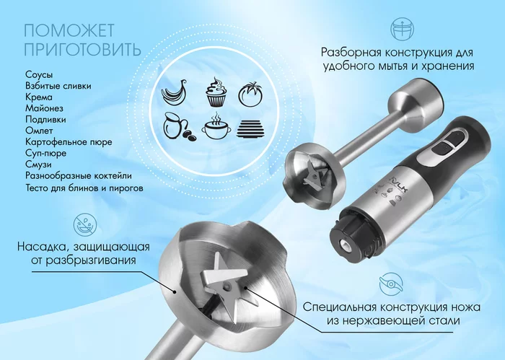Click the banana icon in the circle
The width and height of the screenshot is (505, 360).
(x=175, y=92)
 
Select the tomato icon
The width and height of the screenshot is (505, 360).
(x=250, y=94)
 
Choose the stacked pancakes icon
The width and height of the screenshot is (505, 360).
(x=250, y=129)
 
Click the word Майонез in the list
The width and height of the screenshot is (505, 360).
(x=44, y=108)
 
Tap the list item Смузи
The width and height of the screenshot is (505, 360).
(x=38, y=164)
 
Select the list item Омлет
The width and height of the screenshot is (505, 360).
(x=39, y=131)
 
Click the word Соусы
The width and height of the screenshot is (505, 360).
(x=39, y=75)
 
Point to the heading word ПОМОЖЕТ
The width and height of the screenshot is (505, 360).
(x=69, y=31)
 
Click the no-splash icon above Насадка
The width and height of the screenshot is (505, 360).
(x=85, y=224)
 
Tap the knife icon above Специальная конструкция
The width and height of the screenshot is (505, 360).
(x=391, y=284)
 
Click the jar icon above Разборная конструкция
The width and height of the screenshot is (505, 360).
(x=403, y=30)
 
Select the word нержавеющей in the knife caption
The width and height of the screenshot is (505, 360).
(x=383, y=321)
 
